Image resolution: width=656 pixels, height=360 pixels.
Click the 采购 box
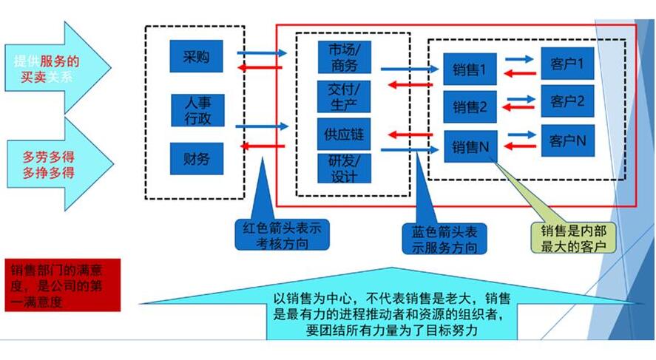click(196, 56)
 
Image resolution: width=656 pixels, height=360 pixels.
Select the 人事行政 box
click(196, 109)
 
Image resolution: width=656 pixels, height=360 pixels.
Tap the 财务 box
click(196, 158)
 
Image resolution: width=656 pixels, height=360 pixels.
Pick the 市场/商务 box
click(343, 57)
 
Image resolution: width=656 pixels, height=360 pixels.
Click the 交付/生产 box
click(343, 96)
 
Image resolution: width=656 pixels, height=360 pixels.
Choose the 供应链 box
click(343, 135)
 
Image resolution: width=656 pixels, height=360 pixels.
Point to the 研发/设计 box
click(343, 169)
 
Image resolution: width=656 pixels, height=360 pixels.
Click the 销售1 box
click(470, 71)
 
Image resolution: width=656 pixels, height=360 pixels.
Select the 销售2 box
click(470, 107)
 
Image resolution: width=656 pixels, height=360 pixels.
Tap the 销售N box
click(470, 146)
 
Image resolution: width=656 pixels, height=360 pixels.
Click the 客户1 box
click(568, 64)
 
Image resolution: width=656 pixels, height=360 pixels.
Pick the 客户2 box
click(568, 101)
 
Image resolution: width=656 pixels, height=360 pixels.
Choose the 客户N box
click(568, 139)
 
